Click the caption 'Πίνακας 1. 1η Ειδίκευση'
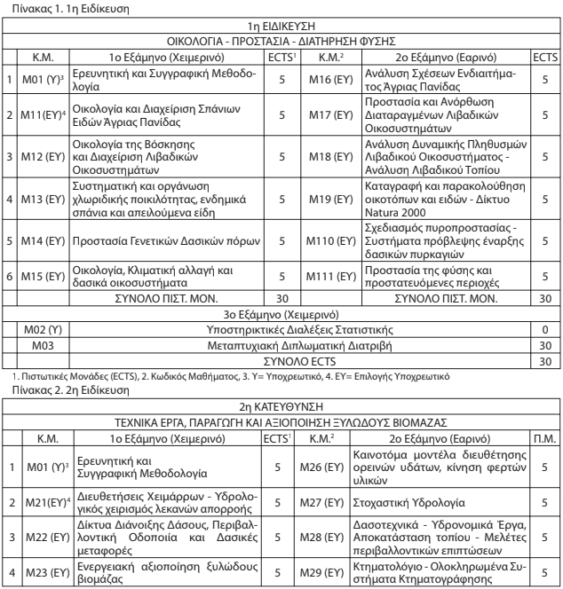54,6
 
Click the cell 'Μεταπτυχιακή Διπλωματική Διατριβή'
281,343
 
